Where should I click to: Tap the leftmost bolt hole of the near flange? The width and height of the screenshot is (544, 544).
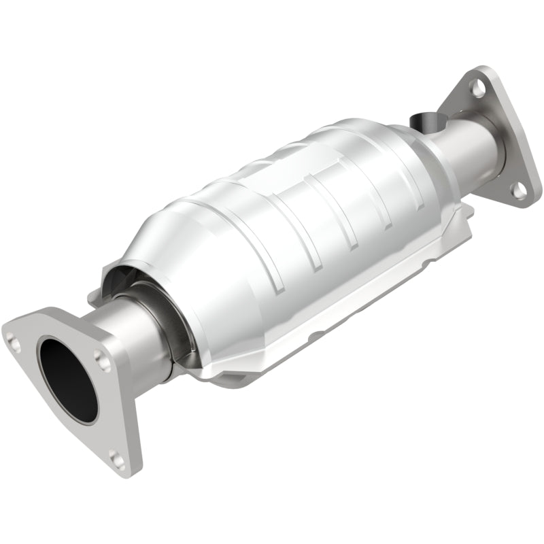click(x=12, y=335)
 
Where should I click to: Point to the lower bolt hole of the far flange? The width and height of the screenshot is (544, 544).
click(x=519, y=191)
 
